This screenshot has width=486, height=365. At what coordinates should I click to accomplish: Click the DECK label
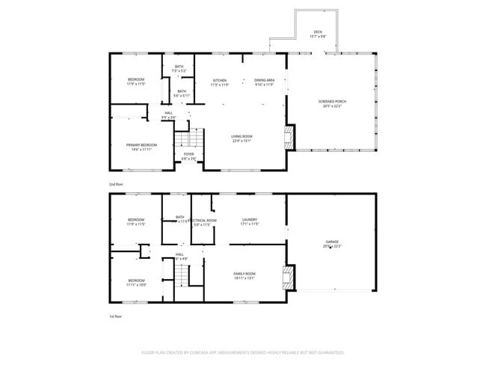coord(317,31)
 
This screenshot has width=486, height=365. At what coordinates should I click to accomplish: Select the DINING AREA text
coord(265,80)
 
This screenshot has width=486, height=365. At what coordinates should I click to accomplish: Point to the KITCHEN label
coord(219,80)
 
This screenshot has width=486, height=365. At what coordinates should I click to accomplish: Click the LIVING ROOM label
coord(241,135)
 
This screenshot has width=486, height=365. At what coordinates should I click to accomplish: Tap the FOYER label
coord(189,154)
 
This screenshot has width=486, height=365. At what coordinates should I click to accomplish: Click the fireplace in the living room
coord(289,137)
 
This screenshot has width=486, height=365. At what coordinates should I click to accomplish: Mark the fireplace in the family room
coord(288,277)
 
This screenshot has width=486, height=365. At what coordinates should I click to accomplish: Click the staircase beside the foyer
coord(189,139)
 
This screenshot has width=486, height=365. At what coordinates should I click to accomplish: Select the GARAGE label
coord(332,242)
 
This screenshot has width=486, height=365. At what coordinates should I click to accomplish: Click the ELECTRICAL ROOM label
coord(203,220)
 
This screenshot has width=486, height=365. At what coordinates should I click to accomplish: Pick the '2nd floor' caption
coord(117,183)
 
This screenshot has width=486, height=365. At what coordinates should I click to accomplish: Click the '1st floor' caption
coord(116,317)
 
